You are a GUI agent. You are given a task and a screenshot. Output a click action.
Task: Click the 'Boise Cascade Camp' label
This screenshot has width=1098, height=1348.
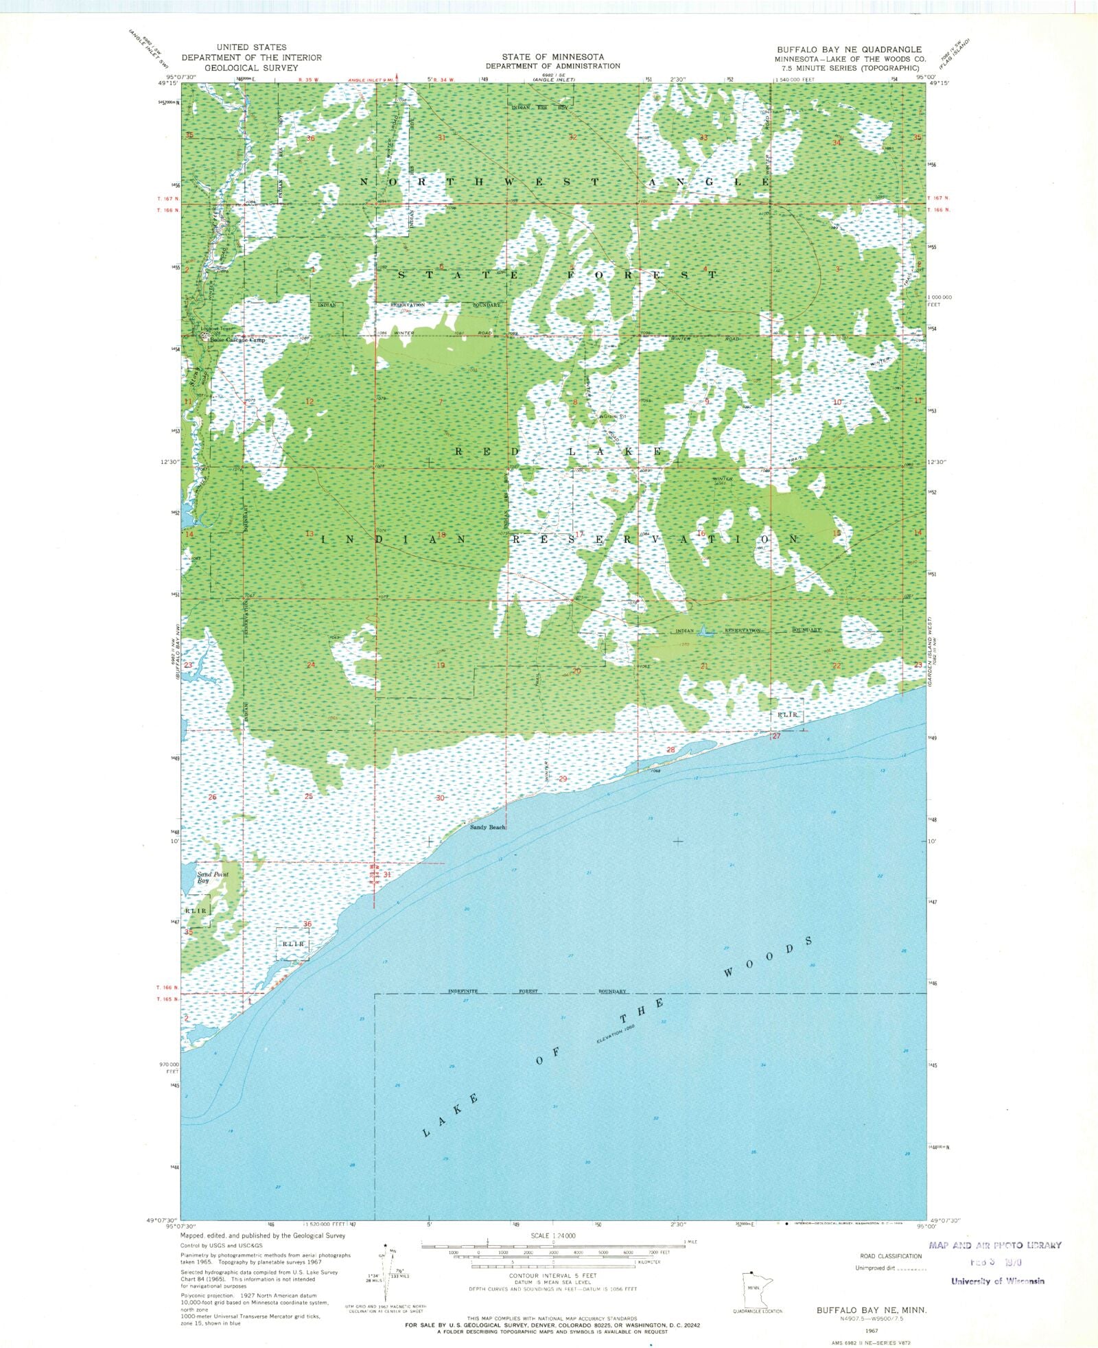pos(237,340)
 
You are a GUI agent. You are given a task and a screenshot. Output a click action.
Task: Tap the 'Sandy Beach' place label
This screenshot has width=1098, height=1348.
pos(487,827)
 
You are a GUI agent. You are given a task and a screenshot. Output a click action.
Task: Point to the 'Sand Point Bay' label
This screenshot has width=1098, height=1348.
pos(212,876)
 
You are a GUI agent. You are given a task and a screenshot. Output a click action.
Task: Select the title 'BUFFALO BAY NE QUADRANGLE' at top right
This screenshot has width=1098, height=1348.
pos(849,49)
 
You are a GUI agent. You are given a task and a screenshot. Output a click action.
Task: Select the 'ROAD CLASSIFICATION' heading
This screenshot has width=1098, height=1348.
pos(890,1256)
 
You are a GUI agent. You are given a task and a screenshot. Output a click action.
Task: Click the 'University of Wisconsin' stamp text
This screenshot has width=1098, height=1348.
pos(997,1281)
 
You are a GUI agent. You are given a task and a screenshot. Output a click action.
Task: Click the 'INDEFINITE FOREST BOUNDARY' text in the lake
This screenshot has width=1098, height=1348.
pos(537,991)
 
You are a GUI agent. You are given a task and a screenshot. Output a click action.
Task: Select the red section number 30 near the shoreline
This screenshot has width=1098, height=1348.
pos(440,798)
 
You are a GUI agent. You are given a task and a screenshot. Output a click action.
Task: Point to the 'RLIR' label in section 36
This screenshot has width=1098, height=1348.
pos(293,944)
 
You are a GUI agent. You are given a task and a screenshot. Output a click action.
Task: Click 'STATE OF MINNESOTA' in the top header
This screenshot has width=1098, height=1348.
pos(552,57)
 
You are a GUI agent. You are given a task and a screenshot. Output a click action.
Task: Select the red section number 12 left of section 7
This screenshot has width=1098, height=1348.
pos(309,402)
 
